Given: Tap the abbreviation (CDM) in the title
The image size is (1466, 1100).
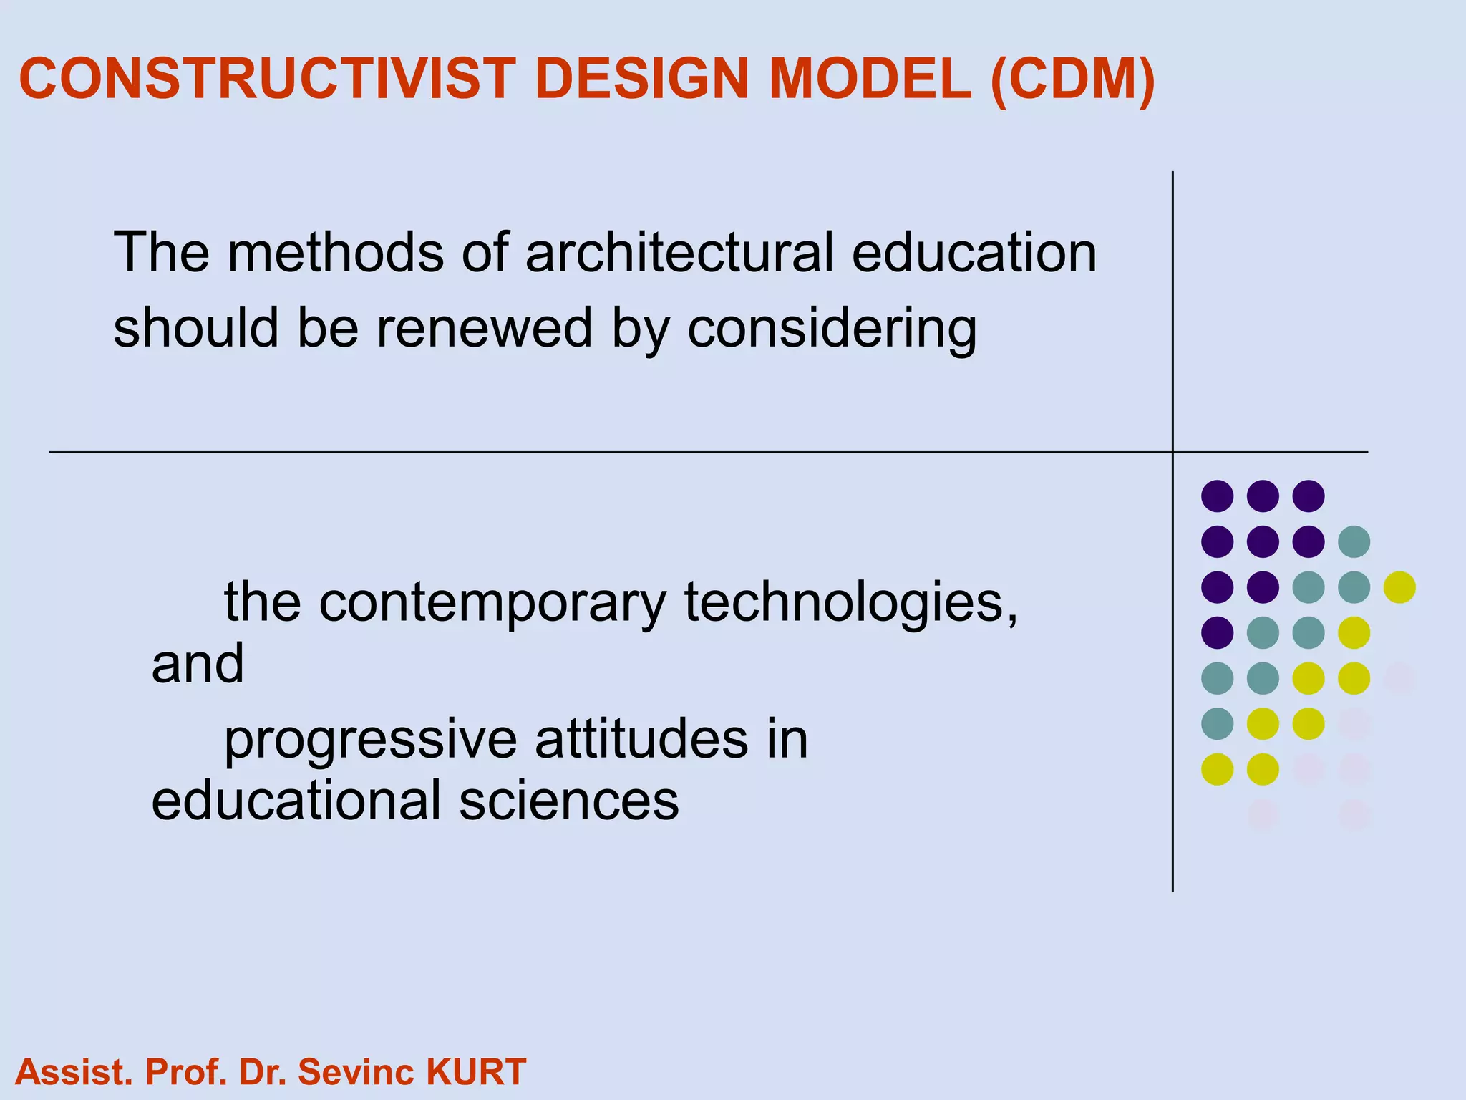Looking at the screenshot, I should click(1073, 78).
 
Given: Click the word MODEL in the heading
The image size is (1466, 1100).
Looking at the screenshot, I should click(868, 78).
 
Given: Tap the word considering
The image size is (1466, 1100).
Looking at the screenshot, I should click(832, 329).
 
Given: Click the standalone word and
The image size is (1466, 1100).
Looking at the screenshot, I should click(198, 663).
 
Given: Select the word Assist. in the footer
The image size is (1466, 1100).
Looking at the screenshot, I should click(74, 1072).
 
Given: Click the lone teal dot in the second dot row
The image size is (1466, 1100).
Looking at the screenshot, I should click(1354, 541).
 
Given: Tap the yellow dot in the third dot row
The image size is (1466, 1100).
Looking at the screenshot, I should click(1399, 587).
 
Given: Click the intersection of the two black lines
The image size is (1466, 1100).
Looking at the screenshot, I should click(1173, 452).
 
